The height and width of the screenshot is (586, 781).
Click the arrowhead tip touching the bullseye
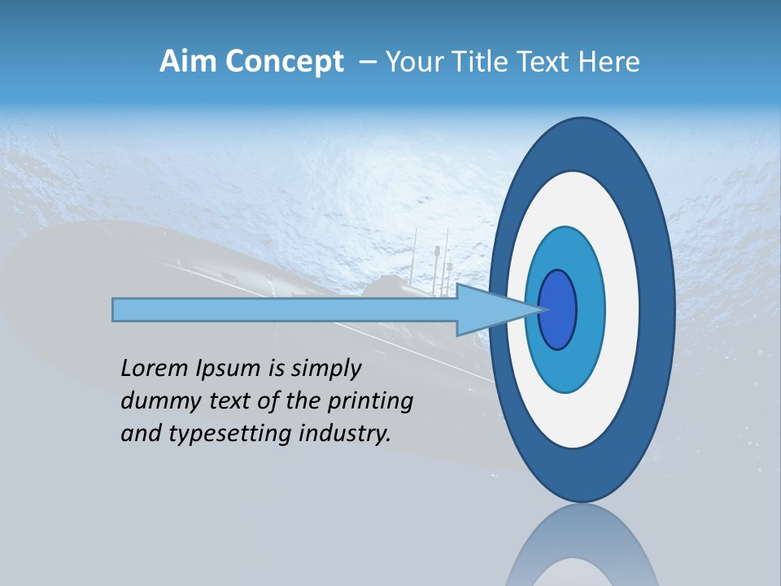point(540,309)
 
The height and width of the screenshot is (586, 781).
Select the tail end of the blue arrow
point(116,309)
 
